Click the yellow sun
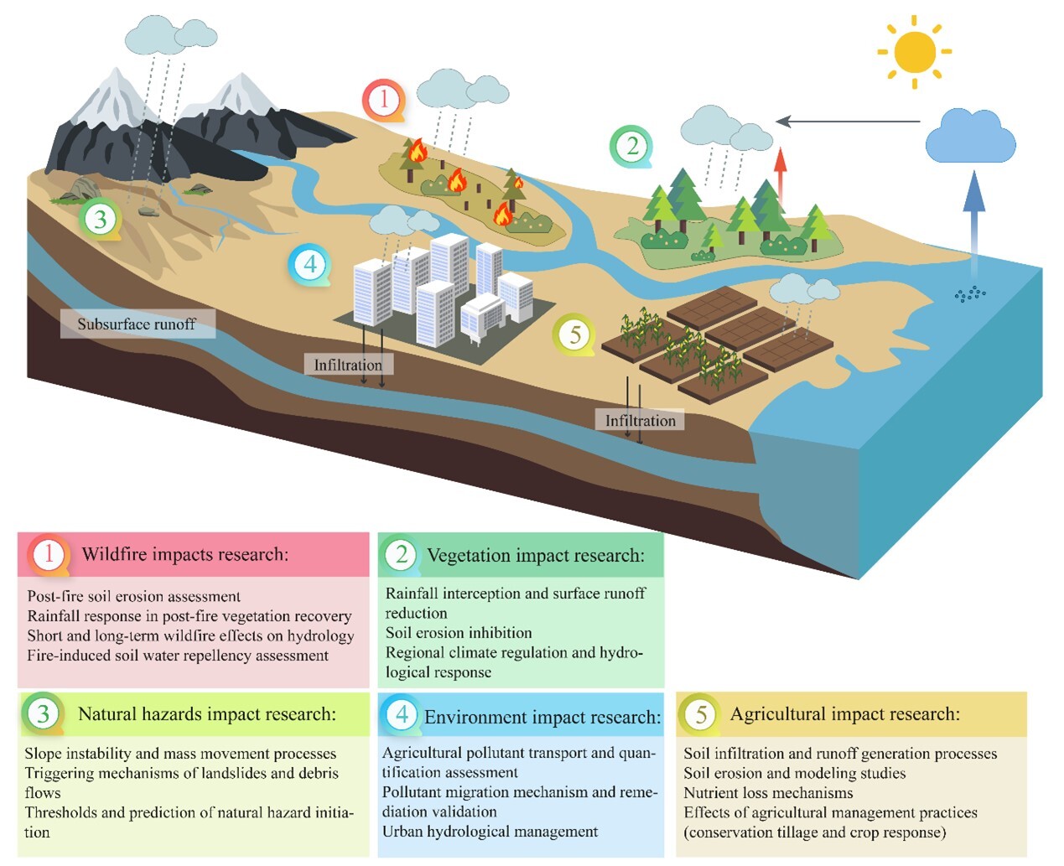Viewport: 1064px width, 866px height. pyautogui.click(x=914, y=52)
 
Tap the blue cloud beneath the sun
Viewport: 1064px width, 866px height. pyautogui.click(x=970, y=137)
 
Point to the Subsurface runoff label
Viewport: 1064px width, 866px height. pyautogui.click(x=137, y=324)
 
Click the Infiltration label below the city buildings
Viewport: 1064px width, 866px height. pyautogui.click(x=348, y=365)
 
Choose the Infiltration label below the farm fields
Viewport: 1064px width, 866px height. pyautogui.click(x=641, y=420)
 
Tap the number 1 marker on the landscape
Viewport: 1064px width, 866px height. pyautogui.click(x=383, y=100)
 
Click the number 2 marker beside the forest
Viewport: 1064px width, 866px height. pyautogui.click(x=631, y=146)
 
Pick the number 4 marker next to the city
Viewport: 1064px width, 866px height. pyautogui.click(x=309, y=265)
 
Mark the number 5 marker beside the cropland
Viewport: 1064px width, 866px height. pyautogui.click(x=574, y=334)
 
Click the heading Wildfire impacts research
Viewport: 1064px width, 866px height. pyautogui.click(x=184, y=554)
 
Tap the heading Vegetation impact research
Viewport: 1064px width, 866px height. pyautogui.click(x=535, y=555)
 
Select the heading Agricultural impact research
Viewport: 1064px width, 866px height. pyautogui.click(x=844, y=714)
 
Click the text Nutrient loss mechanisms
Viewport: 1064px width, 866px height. pyautogui.click(x=768, y=792)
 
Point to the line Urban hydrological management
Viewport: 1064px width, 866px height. pyautogui.click(x=490, y=832)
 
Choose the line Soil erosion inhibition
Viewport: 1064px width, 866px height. pyautogui.click(x=459, y=633)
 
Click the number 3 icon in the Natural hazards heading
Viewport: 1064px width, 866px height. pyautogui.click(x=43, y=714)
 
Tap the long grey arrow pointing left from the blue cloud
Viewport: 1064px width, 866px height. pyautogui.click(x=847, y=122)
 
